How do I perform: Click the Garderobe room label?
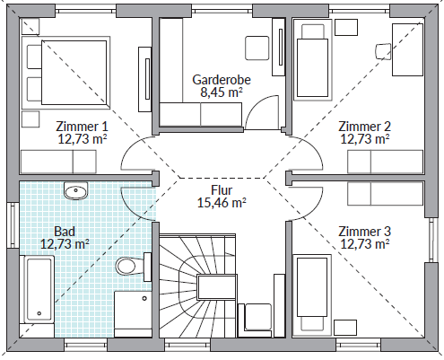tap(222, 80)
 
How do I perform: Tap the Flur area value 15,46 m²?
tap(222, 203)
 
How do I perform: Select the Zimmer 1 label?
tap(82, 127)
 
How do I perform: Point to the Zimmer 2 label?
tap(364, 127)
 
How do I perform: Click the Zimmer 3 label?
tap(364, 232)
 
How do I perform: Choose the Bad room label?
tap(65, 232)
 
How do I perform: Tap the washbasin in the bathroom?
tap(76, 190)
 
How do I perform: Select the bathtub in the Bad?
tap(37, 289)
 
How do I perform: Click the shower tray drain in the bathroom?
tap(144, 298)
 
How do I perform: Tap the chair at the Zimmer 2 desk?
tap(383, 51)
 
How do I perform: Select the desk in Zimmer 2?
tap(408, 49)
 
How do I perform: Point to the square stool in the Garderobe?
tap(257, 48)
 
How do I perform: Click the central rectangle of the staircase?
tap(217, 287)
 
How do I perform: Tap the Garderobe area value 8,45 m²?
tap(222, 92)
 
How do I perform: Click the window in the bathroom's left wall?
tap(13, 225)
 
